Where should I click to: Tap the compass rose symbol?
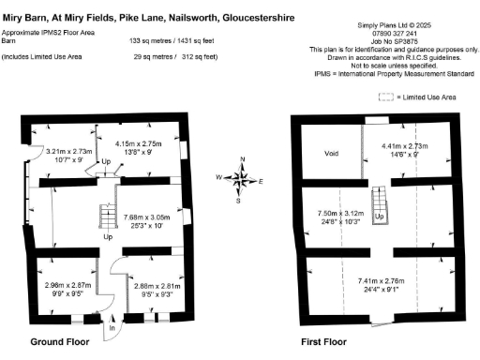[x=241, y=178]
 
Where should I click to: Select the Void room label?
[x=331, y=153]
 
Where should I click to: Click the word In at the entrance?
[x=112, y=327]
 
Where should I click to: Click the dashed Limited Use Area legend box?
[x=384, y=97]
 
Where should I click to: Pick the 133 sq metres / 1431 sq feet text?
[x=173, y=42]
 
